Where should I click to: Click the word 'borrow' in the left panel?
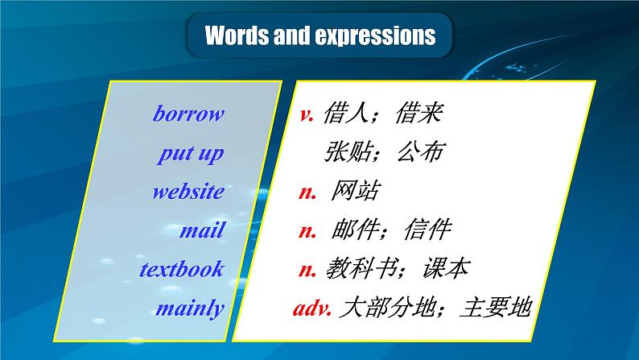pyautogui.click(x=188, y=114)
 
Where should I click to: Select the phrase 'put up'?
pyautogui.click(x=192, y=154)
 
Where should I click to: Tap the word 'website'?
pyautogui.click(x=188, y=192)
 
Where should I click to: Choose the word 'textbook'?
pyautogui.click(x=181, y=269)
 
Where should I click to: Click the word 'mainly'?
pyautogui.click(x=190, y=308)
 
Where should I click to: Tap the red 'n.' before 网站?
pyautogui.click(x=307, y=192)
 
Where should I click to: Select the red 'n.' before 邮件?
pyautogui.click(x=307, y=230)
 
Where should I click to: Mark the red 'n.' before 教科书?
pyautogui.click(x=307, y=269)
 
